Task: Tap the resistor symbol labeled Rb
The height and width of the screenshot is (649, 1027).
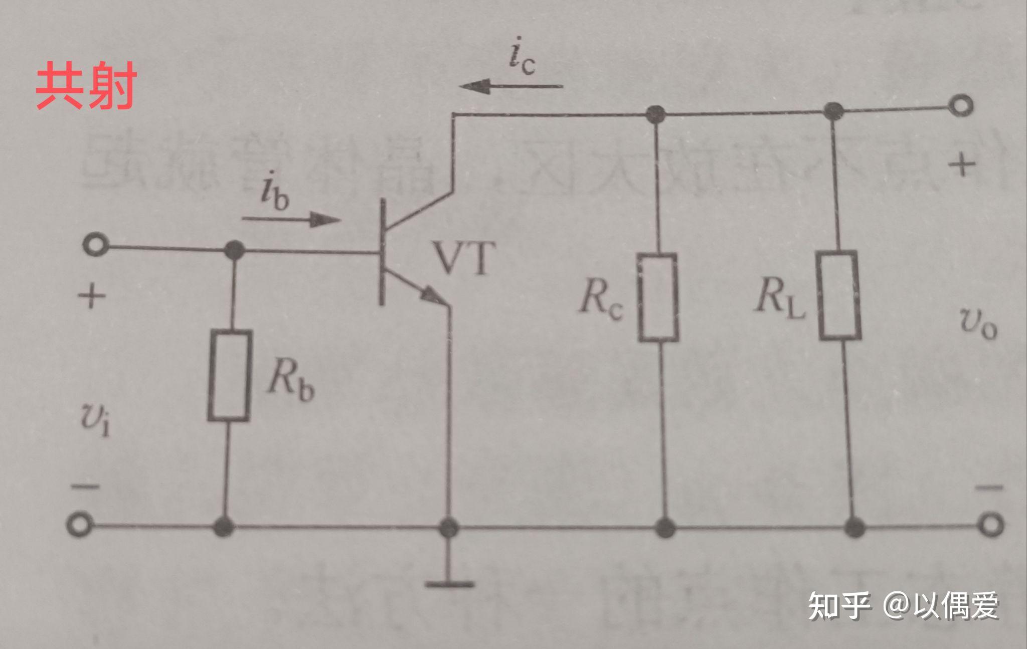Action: pyautogui.click(x=229, y=375)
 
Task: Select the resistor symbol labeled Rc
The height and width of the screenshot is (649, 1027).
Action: pyautogui.click(x=658, y=297)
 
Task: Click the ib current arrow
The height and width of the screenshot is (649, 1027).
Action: pyautogui.click(x=291, y=219)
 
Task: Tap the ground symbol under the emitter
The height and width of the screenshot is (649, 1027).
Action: pyautogui.click(x=449, y=583)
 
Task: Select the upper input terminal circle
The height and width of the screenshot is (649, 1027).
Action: pyautogui.click(x=95, y=246)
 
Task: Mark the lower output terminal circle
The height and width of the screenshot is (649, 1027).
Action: pyautogui.click(x=991, y=525)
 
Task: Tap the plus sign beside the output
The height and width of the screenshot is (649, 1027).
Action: pyautogui.click(x=961, y=165)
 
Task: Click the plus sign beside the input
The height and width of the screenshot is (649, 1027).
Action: pyautogui.click(x=92, y=296)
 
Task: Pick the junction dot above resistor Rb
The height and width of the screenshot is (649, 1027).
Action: pyautogui.click(x=234, y=249)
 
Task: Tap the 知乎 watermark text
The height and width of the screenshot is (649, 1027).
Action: pyautogui.click(x=839, y=605)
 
